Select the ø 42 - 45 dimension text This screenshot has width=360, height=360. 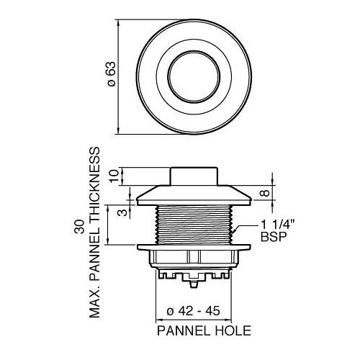193,311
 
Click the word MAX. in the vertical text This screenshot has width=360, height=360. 94,302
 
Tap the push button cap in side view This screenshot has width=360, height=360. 192,175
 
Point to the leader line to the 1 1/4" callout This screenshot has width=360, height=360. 244,229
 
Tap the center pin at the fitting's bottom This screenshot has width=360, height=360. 192,276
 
